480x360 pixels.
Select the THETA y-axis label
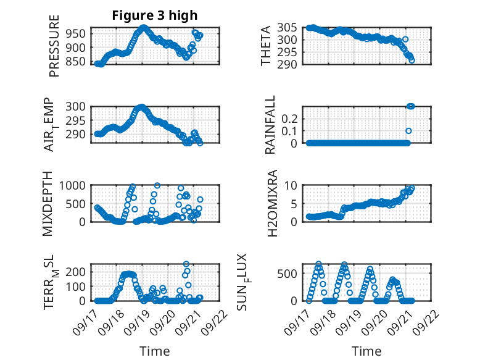[266, 46]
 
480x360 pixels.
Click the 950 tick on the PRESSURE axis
[77, 33]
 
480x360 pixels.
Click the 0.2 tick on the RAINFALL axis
[292, 118]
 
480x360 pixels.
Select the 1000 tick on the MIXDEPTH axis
[75, 185]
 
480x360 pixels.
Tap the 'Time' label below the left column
[155, 351]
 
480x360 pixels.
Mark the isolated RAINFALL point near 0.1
[408, 131]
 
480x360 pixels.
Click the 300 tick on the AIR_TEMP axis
[77, 106]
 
